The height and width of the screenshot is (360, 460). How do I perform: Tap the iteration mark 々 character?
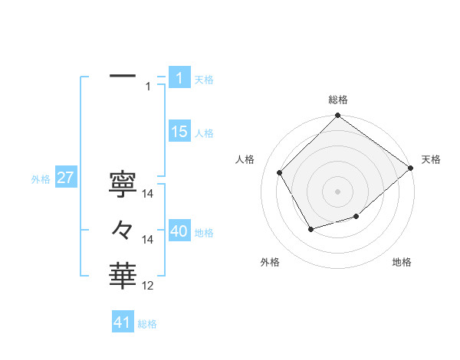(x=123, y=229)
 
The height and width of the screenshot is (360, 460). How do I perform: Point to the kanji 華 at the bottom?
(x=123, y=274)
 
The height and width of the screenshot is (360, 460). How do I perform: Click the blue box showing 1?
(x=179, y=78)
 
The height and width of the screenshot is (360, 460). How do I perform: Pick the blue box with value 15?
(x=179, y=132)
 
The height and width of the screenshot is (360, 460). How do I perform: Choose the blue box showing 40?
(x=179, y=231)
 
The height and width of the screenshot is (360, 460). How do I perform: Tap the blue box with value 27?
(x=65, y=178)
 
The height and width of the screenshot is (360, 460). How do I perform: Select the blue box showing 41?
(x=123, y=322)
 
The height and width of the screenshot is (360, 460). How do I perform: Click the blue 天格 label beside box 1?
(x=204, y=80)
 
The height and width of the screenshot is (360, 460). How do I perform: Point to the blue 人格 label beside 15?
(x=204, y=133)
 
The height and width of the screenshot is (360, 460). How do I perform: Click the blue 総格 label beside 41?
(x=147, y=324)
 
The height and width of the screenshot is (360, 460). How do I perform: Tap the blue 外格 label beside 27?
(x=41, y=179)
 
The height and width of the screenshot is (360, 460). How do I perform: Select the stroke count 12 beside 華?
(x=147, y=285)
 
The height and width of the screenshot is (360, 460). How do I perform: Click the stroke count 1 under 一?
(x=148, y=87)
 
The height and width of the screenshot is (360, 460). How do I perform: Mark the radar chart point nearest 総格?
(x=337, y=116)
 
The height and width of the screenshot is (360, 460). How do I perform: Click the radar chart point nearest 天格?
(x=410, y=168)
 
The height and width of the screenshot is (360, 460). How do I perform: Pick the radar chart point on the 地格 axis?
(x=356, y=217)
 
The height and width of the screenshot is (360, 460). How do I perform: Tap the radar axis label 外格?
(x=270, y=262)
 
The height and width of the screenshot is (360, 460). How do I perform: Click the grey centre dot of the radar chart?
(x=337, y=191)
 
